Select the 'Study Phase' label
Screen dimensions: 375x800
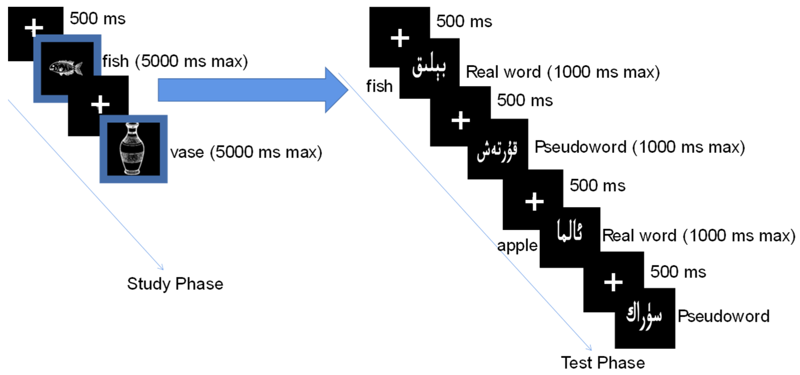pyautogui.click(x=175, y=284)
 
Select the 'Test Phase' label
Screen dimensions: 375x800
pyautogui.click(x=603, y=363)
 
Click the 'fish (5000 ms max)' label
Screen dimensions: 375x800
pyautogui.click(x=175, y=61)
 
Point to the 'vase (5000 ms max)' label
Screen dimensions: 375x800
pyautogui.click(x=246, y=152)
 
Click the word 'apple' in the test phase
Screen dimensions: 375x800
pyautogui.click(x=517, y=246)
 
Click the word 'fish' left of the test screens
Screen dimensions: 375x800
pyautogui.click(x=379, y=86)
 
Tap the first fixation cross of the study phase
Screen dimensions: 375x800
pyautogui.click(x=34, y=27)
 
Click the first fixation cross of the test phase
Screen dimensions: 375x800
pyautogui.click(x=400, y=38)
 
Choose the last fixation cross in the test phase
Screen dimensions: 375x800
pyautogui.click(x=613, y=282)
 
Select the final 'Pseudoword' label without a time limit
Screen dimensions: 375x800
pyautogui.click(x=723, y=316)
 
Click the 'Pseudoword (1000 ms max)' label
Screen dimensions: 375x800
pyautogui.click(x=639, y=147)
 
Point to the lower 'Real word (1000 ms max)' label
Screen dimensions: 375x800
pyautogui.click(x=698, y=236)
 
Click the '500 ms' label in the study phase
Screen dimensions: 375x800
pyautogui.click(x=98, y=19)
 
